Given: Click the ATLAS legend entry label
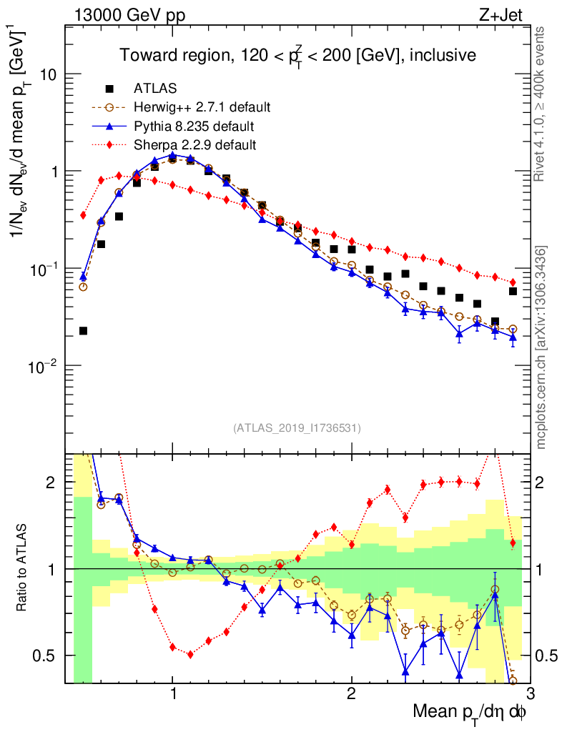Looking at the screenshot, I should (151, 89).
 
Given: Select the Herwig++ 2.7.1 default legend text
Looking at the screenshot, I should (202, 108).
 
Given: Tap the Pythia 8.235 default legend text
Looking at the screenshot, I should (194, 127).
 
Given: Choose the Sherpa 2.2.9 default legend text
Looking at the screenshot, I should (195, 145).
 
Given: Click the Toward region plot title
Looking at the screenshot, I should (297, 55).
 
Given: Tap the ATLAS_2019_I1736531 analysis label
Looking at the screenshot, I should (297, 428).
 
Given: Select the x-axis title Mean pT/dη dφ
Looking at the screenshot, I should (470, 712).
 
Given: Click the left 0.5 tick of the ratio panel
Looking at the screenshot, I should (51, 656).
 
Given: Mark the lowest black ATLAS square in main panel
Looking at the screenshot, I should (83, 330).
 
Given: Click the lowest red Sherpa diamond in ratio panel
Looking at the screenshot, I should (190, 654).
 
